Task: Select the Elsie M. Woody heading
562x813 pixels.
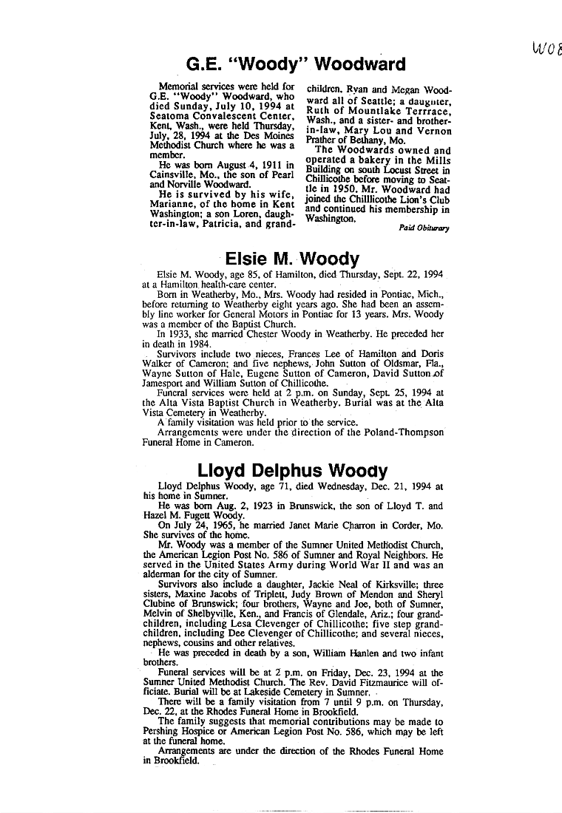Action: pyautogui.click(x=292, y=259)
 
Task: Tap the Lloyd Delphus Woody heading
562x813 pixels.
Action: pyautogui.click(x=292, y=470)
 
